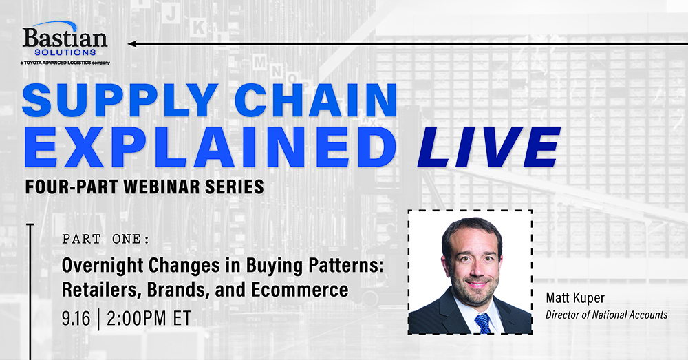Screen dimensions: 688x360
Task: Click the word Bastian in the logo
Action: (x=65, y=38)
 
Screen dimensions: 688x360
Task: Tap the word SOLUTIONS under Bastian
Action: (x=65, y=52)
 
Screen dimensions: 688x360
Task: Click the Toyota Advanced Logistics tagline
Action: (x=65, y=63)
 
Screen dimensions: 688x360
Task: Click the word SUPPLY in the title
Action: (x=120, y=100)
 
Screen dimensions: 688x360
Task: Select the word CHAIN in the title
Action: (x=316, y=100)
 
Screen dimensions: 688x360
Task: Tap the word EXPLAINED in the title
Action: (x=210, y=147)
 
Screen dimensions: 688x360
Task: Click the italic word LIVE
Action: (x=488, y=147)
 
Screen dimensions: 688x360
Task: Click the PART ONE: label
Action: (x=106, y=240)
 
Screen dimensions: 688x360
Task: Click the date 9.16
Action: (x=76, y=318)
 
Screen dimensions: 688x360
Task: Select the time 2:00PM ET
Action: (x=149, y=318)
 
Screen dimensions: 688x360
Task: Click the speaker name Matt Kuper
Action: (x=575, y=298)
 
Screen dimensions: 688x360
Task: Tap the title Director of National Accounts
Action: (x=607, y=315)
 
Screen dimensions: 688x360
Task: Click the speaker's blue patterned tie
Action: (x=482, y=323)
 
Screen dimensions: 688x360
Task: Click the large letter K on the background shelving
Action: (x=198, y=28)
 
